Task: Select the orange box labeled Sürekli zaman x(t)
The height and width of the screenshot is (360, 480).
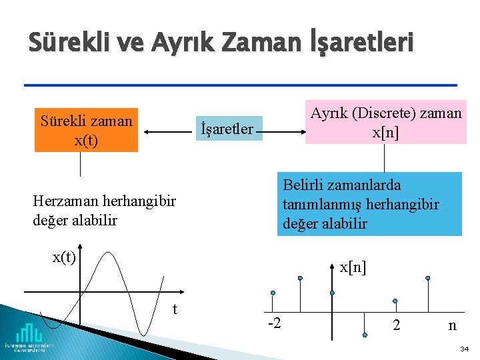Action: click(x=87, y=130)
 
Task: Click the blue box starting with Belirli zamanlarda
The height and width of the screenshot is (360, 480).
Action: click(x=369, y=204)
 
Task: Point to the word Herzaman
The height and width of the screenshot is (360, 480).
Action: click(x=63, y=201)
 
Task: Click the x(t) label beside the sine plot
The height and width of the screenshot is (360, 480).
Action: click(x=64, y=257)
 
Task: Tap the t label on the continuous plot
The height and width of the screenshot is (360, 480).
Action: click(x=175, y=309)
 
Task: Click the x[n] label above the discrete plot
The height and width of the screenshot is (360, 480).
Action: click(x=353, y=268)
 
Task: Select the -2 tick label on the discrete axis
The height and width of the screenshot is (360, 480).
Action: click(x=274, y=324)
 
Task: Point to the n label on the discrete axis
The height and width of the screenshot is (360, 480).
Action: click(x=453, y=326)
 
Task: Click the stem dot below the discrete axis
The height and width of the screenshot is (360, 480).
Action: click(x=365, y=335)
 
